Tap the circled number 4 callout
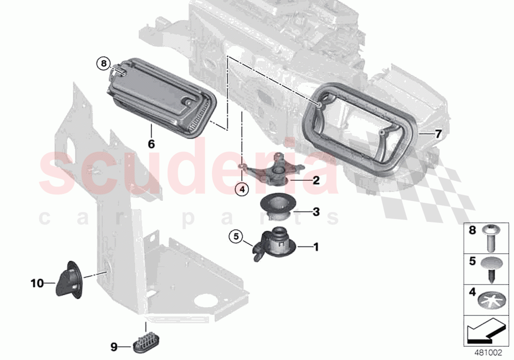pos(241,188)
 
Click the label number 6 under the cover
pos(151,144)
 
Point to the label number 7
pos(438,133)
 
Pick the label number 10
pos(37,283)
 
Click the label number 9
pos(114,347)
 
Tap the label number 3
pos(316,212)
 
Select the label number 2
pos(316,180)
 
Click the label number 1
pos(316,247)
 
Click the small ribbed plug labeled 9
pos(145,342)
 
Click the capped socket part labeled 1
pos(274,243)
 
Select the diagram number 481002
pos(488,352)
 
